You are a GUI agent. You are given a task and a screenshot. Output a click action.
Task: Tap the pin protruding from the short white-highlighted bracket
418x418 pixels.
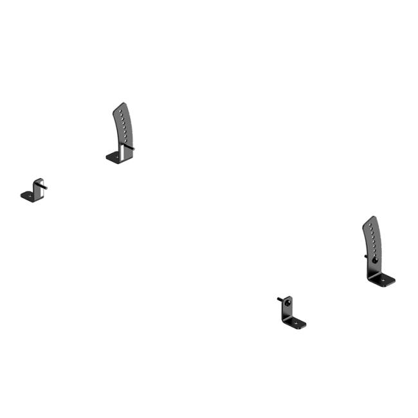(x=44, y=186)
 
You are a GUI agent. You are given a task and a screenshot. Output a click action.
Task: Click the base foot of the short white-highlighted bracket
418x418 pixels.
(x=28, y=195)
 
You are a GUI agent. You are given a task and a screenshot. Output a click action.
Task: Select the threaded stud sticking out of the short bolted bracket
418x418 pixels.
(x=280, y=298)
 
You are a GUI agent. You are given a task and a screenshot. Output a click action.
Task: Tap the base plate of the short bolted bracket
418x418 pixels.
(x=296, y=323)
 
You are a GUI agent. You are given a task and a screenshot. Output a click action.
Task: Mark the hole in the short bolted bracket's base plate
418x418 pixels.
(x=298, y=323)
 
